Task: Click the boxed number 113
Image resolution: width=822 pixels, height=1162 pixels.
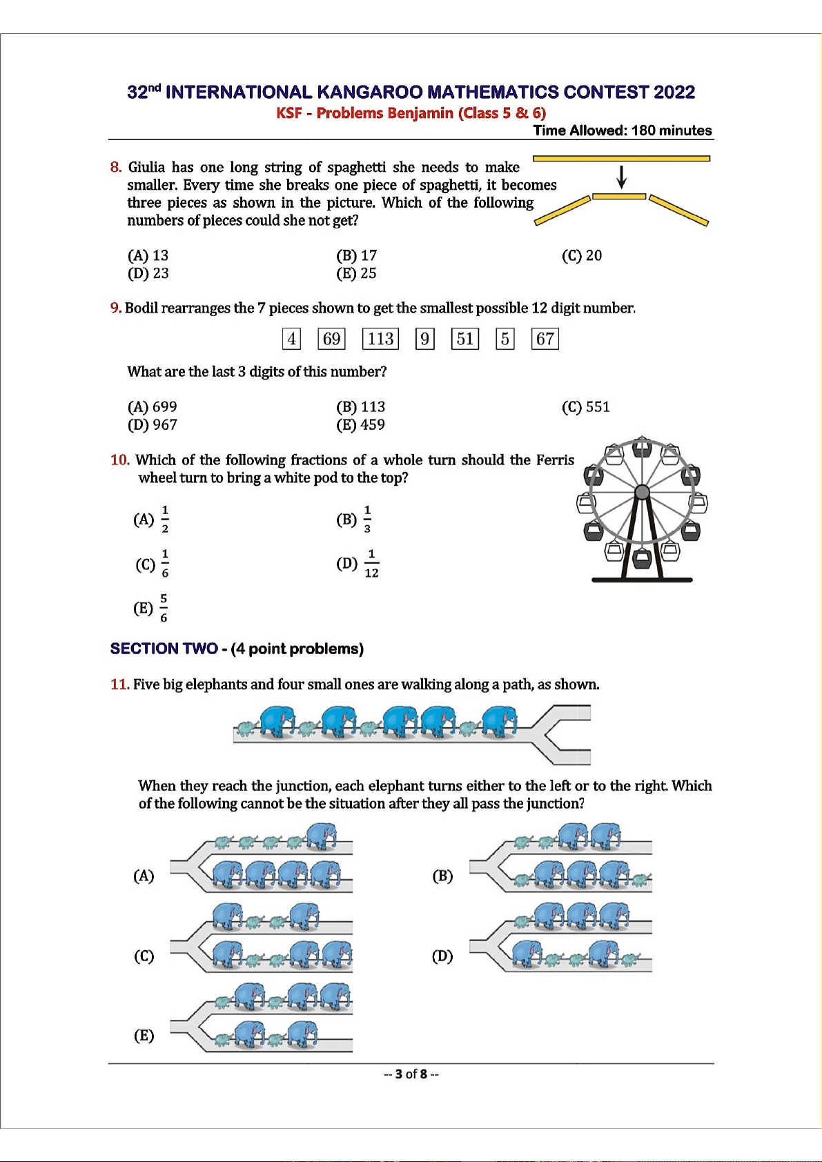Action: [380, 339]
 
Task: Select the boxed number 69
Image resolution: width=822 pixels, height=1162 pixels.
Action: [331, 339]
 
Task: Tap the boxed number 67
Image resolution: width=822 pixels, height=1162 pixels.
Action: [545, 339]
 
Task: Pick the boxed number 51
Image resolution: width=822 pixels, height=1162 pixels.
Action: [464, 339]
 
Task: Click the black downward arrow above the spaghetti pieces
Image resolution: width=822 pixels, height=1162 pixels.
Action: [621, 177]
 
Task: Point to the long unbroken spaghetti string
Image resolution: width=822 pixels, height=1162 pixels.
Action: [621, 159]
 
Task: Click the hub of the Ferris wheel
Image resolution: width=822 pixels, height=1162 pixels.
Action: [642, 492]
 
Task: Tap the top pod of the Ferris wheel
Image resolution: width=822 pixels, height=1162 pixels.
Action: [642, 448]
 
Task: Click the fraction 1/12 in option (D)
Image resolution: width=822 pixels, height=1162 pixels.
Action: [371, 564]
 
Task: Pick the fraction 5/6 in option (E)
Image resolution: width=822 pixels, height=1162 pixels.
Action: [164, 608]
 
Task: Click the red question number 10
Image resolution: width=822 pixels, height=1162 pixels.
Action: [119, 460]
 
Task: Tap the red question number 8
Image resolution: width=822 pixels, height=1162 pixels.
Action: [115, 167]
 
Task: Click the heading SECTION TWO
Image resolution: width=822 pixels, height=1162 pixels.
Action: [164, 649]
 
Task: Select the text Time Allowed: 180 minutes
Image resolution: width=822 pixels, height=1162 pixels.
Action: [622, 130]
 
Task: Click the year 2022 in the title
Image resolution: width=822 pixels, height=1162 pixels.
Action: [674, 92]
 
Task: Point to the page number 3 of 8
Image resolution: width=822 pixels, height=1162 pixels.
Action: [411, 1074]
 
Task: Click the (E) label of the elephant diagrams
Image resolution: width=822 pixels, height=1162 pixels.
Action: [144, 1036]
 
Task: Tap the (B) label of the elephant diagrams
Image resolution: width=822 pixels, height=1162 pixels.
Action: [442, 876]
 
